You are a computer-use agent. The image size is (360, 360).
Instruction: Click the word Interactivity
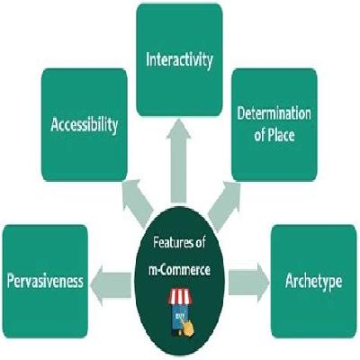click(179, 60)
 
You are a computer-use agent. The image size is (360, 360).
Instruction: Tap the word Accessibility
click(84, 125)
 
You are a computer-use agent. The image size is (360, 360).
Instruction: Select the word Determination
click(274, 113)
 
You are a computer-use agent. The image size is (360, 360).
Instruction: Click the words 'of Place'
click(274, 135)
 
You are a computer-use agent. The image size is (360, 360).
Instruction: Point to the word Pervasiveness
click(45, 281)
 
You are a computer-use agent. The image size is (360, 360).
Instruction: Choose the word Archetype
click(313, 282)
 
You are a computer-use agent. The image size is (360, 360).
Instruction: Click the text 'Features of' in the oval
click(179, 242)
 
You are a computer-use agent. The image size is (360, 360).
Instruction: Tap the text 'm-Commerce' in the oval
click(179, 270)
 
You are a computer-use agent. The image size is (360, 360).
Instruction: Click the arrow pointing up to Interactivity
click(178, 160)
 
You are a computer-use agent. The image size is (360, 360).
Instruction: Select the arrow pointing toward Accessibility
click(138, 202)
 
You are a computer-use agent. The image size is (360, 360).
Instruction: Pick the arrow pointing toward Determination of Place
click(224, 205)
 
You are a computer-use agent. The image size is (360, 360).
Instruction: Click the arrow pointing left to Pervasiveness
click(111, 284)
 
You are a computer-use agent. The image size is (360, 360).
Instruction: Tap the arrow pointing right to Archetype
click(248, 283)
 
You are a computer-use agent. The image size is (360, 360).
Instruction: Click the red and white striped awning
click(180, 296)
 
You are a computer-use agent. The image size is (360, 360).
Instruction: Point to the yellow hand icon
click(187, 328)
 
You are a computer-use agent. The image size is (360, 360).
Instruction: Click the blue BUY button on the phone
click(179, 315)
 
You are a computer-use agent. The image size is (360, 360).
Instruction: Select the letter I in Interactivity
click(148, 59)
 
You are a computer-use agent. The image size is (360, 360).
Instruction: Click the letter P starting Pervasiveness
click(11, 281)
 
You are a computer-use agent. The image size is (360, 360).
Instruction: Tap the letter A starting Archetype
click(290, 281)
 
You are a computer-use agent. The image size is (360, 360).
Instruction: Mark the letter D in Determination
click(241, 113)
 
